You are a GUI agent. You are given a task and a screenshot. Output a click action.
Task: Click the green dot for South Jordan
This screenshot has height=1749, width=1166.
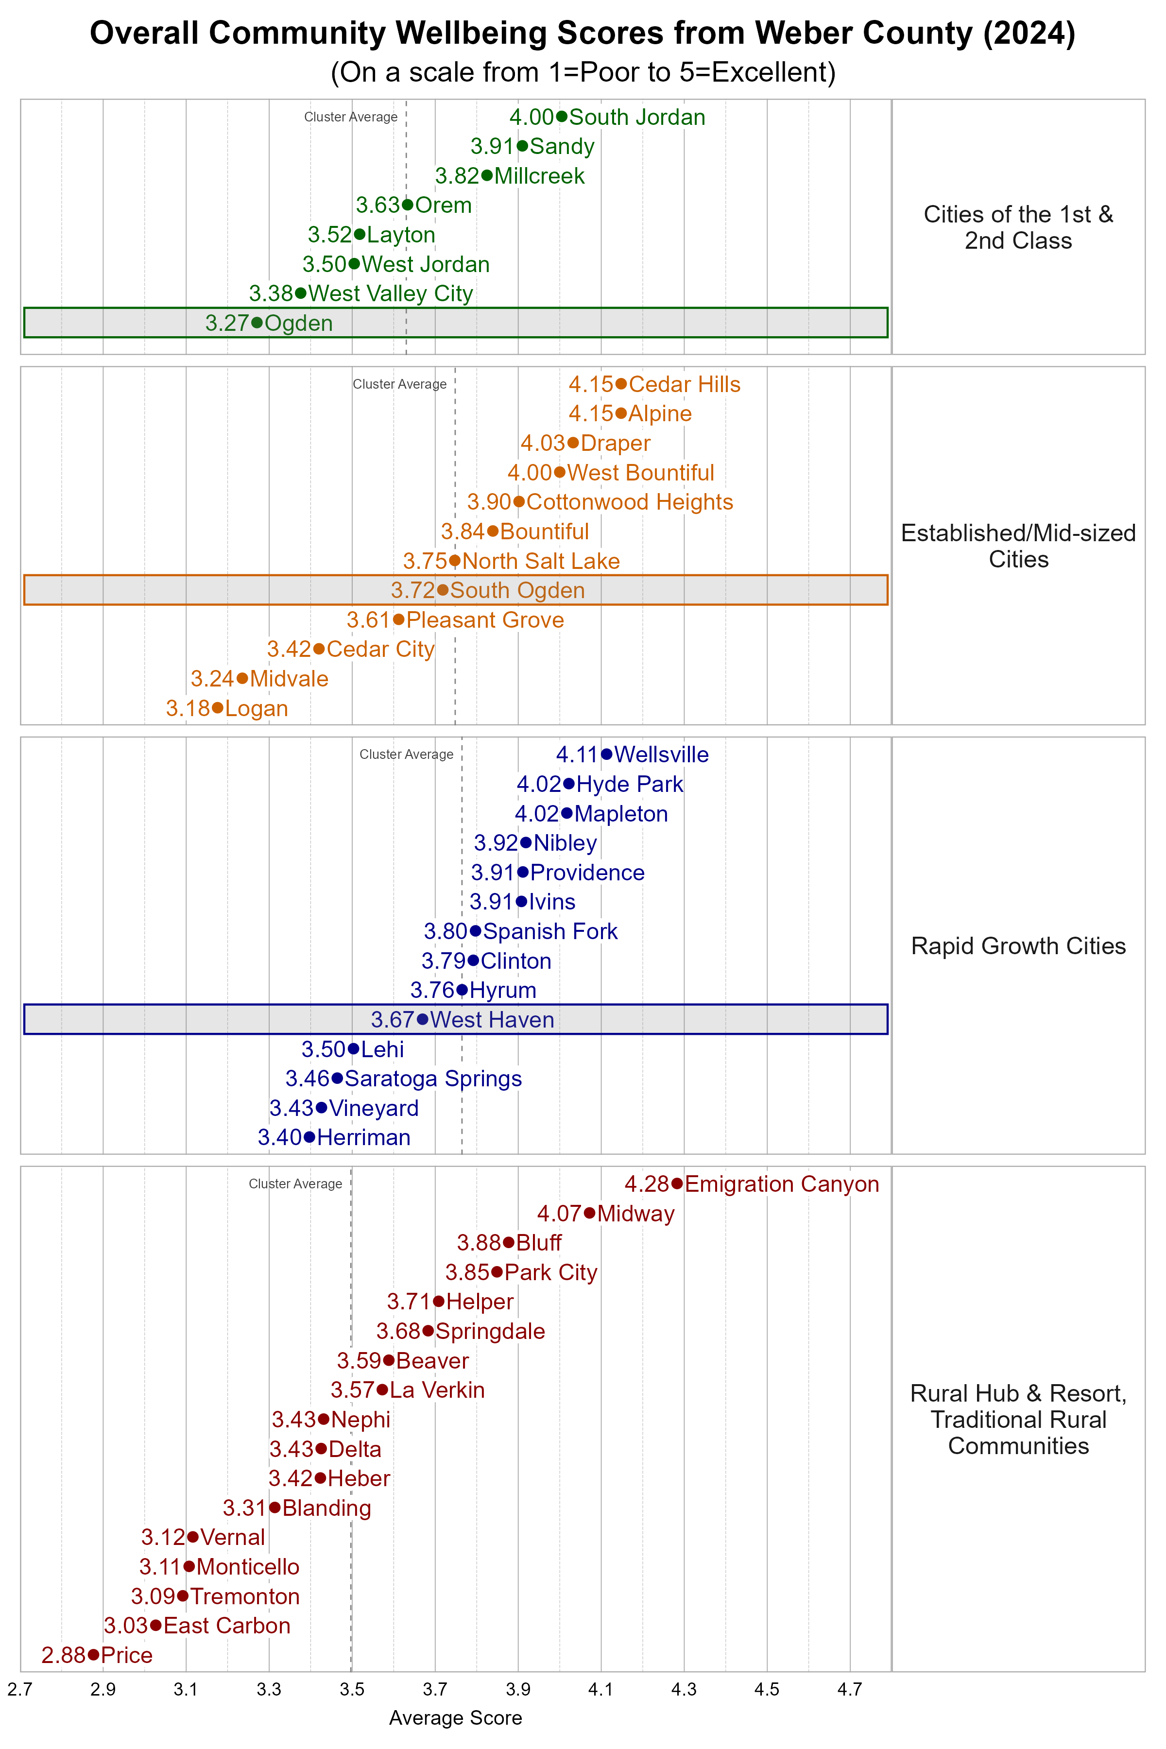562,117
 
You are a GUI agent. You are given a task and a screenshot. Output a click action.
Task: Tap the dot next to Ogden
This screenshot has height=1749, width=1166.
257,323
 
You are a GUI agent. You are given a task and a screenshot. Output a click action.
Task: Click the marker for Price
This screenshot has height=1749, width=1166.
93,1655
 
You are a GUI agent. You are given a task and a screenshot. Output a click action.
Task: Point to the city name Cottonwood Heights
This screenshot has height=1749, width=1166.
629,502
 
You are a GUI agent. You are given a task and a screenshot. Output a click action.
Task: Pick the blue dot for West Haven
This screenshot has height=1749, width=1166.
422,1019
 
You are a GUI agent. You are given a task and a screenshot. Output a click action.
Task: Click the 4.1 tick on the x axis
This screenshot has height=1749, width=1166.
601,1690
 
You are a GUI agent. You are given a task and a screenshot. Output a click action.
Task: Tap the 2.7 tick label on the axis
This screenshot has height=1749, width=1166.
20,1690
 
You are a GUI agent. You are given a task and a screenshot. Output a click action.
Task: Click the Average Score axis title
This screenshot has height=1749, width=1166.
455,1718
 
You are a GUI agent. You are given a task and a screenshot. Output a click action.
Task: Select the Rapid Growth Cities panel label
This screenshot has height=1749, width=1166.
1018,946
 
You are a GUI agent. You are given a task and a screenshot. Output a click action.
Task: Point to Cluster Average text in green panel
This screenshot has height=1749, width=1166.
350,117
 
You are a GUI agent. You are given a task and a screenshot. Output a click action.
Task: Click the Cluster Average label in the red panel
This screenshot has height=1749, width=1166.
295,1184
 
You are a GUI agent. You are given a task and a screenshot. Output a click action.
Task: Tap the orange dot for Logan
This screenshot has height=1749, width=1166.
217,708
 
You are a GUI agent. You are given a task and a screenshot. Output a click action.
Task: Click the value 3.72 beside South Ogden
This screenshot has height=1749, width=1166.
412,590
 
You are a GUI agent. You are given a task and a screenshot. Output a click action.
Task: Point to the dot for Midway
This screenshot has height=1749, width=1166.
590,1214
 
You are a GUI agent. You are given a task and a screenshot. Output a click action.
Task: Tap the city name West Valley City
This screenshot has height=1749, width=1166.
391,294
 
